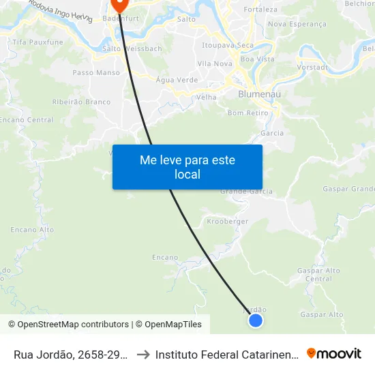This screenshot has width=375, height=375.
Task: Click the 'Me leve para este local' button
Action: (187, 167)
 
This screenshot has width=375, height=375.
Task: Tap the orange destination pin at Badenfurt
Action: (120, 5)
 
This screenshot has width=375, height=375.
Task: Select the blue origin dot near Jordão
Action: (256, 320)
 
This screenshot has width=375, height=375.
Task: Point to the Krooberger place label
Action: (227, 222)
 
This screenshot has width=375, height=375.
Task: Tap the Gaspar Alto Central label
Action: (318, 275)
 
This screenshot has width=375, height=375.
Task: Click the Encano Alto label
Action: (32, 230)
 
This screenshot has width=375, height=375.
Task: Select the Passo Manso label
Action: (96, 72)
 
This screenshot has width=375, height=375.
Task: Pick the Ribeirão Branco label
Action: (81, 102)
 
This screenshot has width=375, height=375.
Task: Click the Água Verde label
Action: (177, 80)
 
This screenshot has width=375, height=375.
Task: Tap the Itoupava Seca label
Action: (228, 45)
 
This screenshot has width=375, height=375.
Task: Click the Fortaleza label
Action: (260, 10)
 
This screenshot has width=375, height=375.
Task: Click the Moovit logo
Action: (334, 354)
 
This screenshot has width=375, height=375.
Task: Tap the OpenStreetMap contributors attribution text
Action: (68, 325)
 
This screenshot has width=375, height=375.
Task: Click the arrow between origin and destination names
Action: (143, 355)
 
